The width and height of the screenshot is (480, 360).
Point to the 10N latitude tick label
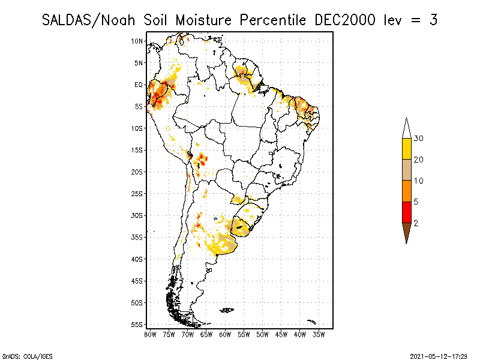[137, 41]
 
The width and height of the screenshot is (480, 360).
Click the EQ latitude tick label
[139, 85]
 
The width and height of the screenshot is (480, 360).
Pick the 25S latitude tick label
[137, 194]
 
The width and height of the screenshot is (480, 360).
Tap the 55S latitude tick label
[137, 325]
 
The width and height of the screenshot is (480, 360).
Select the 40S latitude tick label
[137, 259]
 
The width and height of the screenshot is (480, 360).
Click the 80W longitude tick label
[150, 334]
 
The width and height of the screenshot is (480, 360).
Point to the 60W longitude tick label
[225, 334]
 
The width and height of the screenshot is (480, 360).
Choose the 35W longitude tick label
[319, 334]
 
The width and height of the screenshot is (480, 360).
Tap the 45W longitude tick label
[281, 334]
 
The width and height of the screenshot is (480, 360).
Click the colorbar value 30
[419, 139]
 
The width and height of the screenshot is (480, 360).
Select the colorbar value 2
[416, 223]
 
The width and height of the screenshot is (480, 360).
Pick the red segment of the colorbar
[406, 212]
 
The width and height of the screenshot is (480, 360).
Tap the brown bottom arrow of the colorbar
[406, 232]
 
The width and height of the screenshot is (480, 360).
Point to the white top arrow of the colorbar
[406, 128]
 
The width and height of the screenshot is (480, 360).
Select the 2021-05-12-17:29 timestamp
[439, 356]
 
